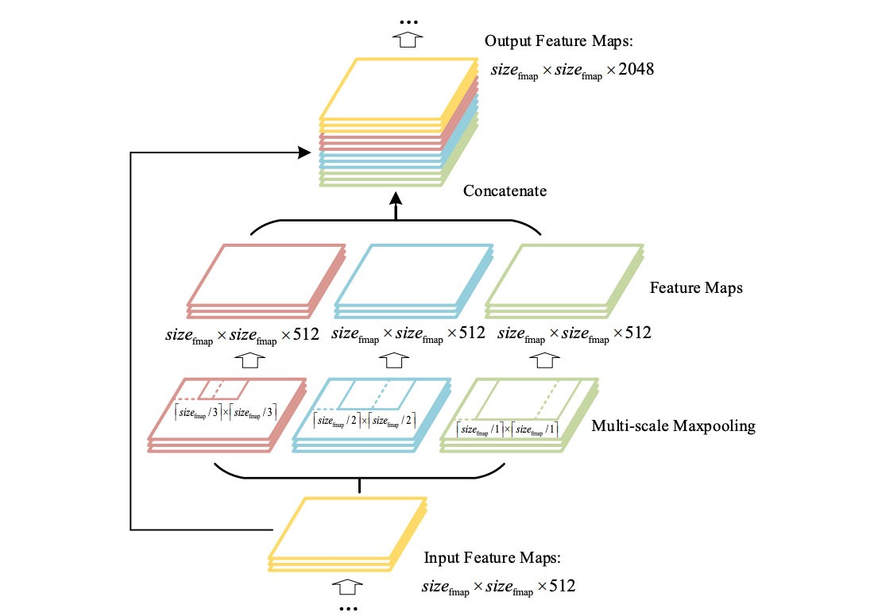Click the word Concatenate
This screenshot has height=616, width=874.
pyautogui.click(x=506, y=191)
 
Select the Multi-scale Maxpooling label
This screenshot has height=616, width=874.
pyautogui.click(x=673, y=426)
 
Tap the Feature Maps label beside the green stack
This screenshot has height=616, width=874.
pyautogui.click(x=696, y=288)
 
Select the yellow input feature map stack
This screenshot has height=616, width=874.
pyautogui.click(x=348, y=533)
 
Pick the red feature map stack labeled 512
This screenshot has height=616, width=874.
pyautogui.click(x=267, y=278)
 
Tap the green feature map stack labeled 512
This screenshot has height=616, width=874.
pyautogui.click(x=564, y=278)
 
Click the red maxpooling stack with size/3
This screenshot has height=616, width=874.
pyautogui.click(x=227, y=414)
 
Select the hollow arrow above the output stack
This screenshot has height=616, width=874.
pyautogui.click(x=406, y=40)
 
